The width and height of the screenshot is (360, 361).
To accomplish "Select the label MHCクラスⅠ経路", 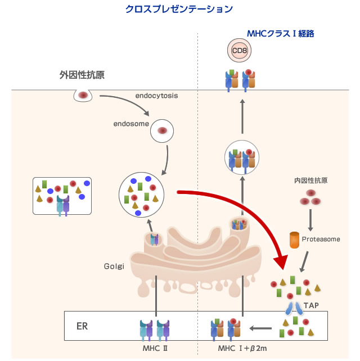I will [x=280, y=34].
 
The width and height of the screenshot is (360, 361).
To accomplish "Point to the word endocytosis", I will [x=156, y=96].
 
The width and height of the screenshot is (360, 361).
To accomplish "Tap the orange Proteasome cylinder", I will [x=294, y=240].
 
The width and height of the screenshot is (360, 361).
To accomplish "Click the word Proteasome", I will [x=321, y=240].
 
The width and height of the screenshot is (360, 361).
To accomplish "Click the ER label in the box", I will [x=83, y=326].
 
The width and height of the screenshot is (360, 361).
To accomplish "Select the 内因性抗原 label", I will [x=310, y=181].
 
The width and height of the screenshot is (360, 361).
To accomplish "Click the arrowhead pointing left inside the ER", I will [x=253, y=327].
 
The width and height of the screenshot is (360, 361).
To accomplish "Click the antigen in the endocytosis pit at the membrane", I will [x=83, y=96].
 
